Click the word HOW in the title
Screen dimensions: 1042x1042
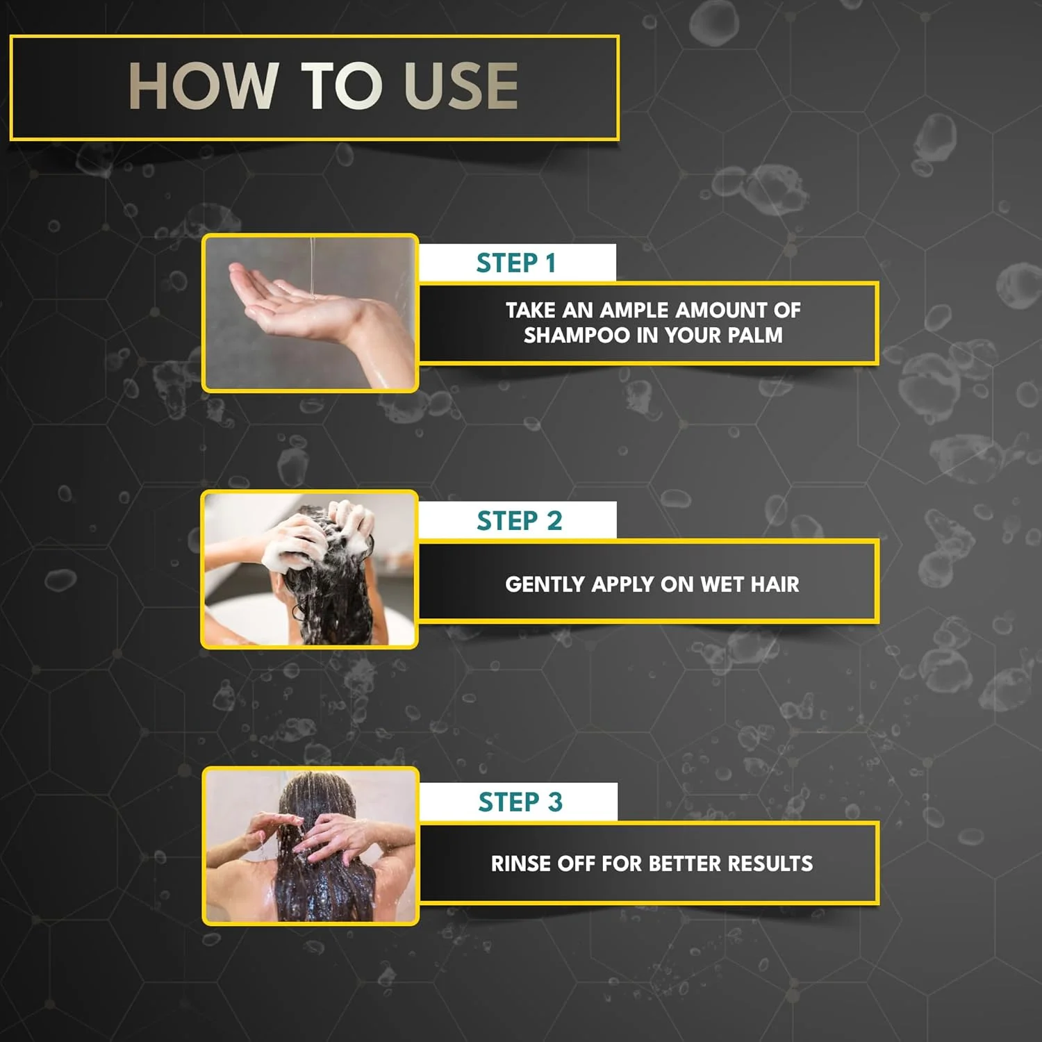(204, 86)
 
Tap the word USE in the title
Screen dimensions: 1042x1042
(461, 86)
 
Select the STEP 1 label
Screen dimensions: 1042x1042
(516, 263)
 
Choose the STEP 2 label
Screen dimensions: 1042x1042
(519, 520)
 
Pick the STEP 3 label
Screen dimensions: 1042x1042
(520, 802)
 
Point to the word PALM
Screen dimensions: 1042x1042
(756, 336)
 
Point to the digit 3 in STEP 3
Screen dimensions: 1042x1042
(555, 802)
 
